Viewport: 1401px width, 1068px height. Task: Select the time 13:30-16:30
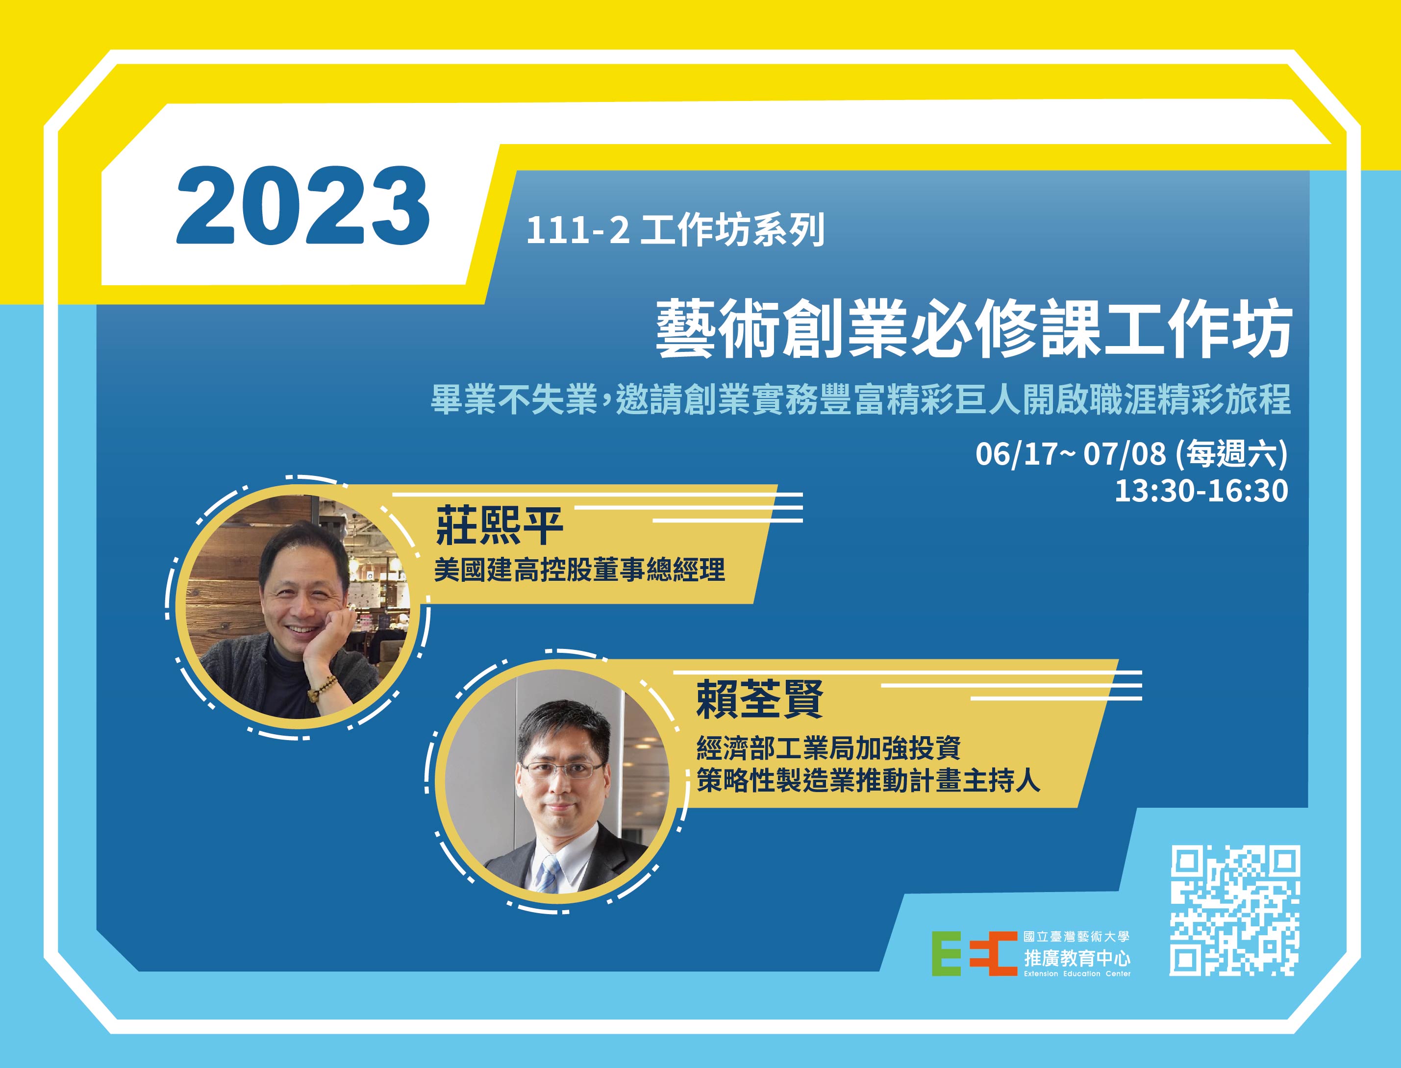pyautogui.click(x=1201, y=491)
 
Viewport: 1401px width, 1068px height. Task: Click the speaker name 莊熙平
pyautogui.click(x=499, y=526)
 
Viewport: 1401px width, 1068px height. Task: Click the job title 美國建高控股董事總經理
pyautogui.click(x=579, y=570)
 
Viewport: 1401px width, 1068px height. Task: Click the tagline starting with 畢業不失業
pyautogui.click(x=861, y=400)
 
